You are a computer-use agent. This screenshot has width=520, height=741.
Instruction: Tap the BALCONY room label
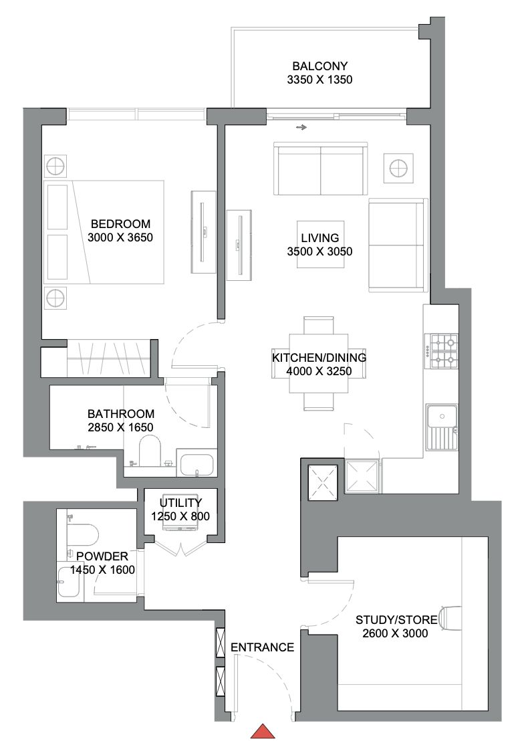click(319, 66)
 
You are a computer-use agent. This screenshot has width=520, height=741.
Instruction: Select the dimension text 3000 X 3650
click(121, 237)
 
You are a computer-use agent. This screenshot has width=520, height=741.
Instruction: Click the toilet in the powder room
click(83, 535)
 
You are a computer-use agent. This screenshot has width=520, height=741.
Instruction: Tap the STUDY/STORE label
click(396, 619)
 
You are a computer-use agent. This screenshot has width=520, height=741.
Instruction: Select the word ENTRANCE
click(262, 647)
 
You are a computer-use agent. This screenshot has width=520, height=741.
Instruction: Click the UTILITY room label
click(180, 503)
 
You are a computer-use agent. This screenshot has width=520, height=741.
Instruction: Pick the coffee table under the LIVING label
click(321, 244)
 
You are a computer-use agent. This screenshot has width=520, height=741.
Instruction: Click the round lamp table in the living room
click(398, 167)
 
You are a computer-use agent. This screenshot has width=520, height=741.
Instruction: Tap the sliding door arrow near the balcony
click(302, 127)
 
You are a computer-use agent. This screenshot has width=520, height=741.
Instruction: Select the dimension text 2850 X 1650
click(121, 427)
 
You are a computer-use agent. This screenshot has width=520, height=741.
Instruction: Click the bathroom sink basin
click(197, 464)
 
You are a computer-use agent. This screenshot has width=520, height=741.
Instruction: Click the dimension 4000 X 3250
click(319, 371)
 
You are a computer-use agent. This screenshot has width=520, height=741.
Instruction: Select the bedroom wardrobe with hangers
click(108, 358)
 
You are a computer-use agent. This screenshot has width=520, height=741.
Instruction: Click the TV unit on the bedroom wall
click(204, 231)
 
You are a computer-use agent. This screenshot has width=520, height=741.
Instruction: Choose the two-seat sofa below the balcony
click(321, 169)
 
